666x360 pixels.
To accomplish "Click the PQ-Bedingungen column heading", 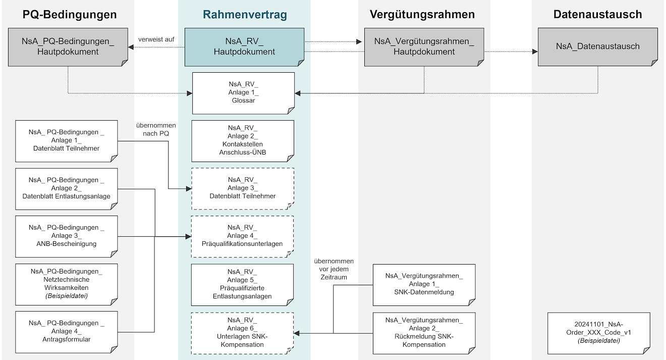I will click(x=70, y=15).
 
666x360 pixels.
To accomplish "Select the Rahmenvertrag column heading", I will click(x=245, y=15).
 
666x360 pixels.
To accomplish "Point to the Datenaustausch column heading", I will click(x=597, y=15).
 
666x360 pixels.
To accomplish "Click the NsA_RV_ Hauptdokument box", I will click(x=244, y=47).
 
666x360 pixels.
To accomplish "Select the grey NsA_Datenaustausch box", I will click(x=597, y=46).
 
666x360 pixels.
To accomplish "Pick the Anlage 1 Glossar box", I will click(x=243, y=93).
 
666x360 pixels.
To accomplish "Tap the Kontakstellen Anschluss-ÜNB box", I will click(x=243, y=140).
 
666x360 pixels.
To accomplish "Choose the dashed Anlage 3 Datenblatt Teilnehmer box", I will click(x=243, y=188).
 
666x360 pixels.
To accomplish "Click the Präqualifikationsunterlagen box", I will click(x=243, y=236).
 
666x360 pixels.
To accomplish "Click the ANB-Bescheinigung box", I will click(x=67, y=236).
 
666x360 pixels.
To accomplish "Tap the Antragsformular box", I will click(x=67, y=331).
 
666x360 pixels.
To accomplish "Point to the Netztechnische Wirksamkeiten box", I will click(x=67, y=284).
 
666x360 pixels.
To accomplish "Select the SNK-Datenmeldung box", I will click(x=424, y=284).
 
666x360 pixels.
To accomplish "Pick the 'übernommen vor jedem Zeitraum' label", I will click(x=334, y=269).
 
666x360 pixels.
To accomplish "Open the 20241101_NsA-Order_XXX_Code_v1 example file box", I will click(x=598, y=333).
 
